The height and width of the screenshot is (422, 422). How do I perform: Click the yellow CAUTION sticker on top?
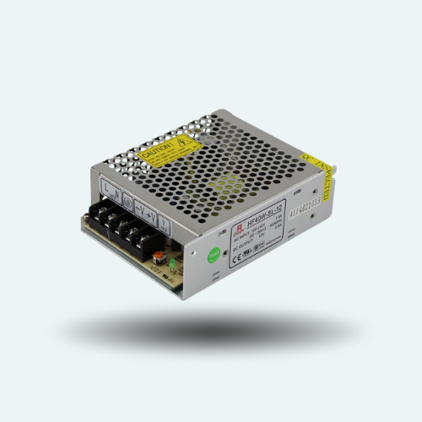(170, 153)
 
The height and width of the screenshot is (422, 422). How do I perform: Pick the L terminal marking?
(106, 185)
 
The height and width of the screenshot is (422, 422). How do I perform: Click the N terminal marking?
(116, 190)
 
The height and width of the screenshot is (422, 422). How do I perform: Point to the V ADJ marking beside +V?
(164, 225)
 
